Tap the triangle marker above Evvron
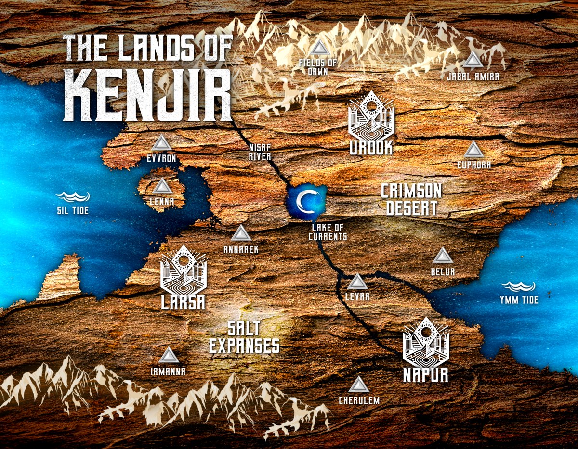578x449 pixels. pyautogui.click(x=161, y=143)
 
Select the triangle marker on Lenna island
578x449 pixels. pyautogui.click(x=162, y=187)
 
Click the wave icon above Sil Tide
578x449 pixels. pyautogui.click(x=73, y=196)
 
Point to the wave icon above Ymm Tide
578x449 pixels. pyautogui.click(x=518, y=287)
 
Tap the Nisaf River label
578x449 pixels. pyautogui.click(x=260, y=153)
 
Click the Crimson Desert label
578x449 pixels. pyautogui.click(x=411, y=199)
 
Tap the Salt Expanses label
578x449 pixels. pyautogui.click(x=244, y=337)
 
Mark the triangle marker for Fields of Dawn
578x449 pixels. pyautogui.click(x=317, y=49)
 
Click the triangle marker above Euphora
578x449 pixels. pyautogui.click(x=473, y=150)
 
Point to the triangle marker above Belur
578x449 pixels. pyautogui.click(x=442, y=256)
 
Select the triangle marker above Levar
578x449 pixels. pyautogui.click(x=357, y=282)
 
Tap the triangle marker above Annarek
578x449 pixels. pyautogui.click(x=241, y=234)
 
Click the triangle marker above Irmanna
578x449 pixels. pyautogui.click(x=169, y=356)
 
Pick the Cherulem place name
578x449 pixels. pyautogui.click(x=359, y=400)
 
